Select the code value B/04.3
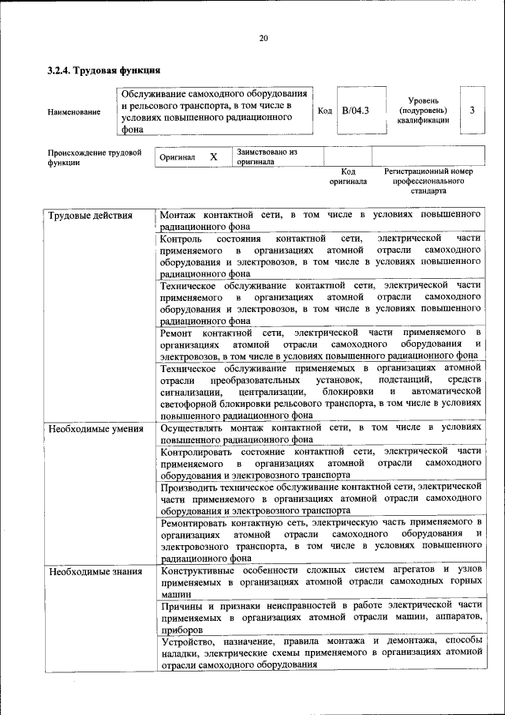click(356, 111)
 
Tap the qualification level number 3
click(472, 111)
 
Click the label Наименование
click(74, 111)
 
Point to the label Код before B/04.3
click(324, 111)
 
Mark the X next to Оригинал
click(213, 156)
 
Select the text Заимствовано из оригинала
click(267, 156)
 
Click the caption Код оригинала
click(348, 176)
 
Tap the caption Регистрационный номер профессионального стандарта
click(428, 181)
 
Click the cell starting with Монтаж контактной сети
click(320, 220)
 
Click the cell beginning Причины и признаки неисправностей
click(320, 618)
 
